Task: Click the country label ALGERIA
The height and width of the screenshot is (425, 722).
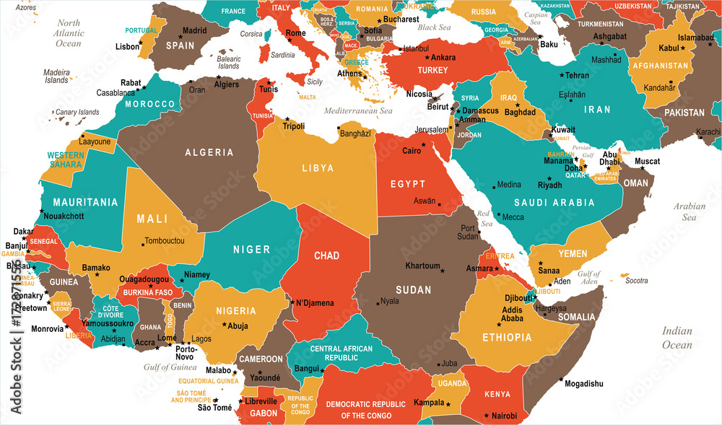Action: [209, 152]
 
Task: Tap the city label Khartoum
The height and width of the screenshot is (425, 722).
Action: [422, 266]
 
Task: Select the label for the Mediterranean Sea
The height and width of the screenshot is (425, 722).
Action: [357, 111]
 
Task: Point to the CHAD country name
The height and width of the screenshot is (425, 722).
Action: [326, 255]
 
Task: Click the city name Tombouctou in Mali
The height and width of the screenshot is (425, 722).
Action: [165, 240]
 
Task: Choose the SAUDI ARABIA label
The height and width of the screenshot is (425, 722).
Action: [554, 203]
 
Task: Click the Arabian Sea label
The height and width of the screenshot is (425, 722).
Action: [689, 211]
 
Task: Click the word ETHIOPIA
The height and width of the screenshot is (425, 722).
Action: [506, 337]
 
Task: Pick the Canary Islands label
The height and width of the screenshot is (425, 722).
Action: [77, 112]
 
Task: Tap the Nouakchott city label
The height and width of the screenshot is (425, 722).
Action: [64, 216]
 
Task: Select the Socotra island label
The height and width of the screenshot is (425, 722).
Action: [637, 280]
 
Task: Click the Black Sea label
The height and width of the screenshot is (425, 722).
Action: [434, 27]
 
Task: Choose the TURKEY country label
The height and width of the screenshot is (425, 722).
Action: [432, 70]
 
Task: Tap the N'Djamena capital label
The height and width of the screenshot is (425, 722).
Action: [315, 303]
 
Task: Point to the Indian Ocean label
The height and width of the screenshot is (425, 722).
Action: [677, 338]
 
